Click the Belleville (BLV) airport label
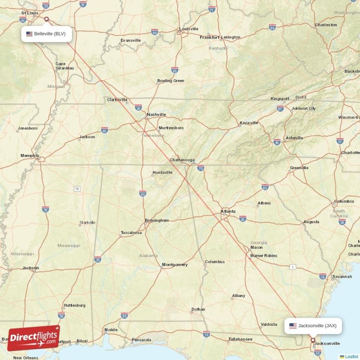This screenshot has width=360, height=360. click(x=47, y=34)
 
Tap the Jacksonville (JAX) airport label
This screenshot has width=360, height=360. click(x=313, y=325)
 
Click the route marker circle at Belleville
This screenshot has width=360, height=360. click(x=46, y=19)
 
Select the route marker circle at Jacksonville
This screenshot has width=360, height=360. click(x=313, y=340)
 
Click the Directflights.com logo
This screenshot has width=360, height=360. click(x=33, y=338)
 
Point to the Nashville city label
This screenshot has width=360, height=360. click(x=156, y=115)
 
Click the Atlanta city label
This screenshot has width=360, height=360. click(x=228, y=211)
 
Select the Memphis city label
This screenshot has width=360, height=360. click(x=30, y=156)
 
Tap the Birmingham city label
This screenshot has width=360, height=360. click(x=157, y=220)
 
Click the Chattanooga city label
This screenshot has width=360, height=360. click(x=182, y=160)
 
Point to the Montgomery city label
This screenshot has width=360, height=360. click(x=175, y=265)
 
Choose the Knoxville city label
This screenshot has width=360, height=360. click(x=249, y=123)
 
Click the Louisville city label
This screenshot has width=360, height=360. click(x=189, y=29)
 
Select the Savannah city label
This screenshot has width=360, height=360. click(x=342, y=277)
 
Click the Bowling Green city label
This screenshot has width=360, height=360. click(x=171, y=81)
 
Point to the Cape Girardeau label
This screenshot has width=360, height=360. click(x=64, y=66)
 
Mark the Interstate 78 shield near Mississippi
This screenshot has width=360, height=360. click(x=77, y=189)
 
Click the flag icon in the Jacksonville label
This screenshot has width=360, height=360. click(x=292, y=325)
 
